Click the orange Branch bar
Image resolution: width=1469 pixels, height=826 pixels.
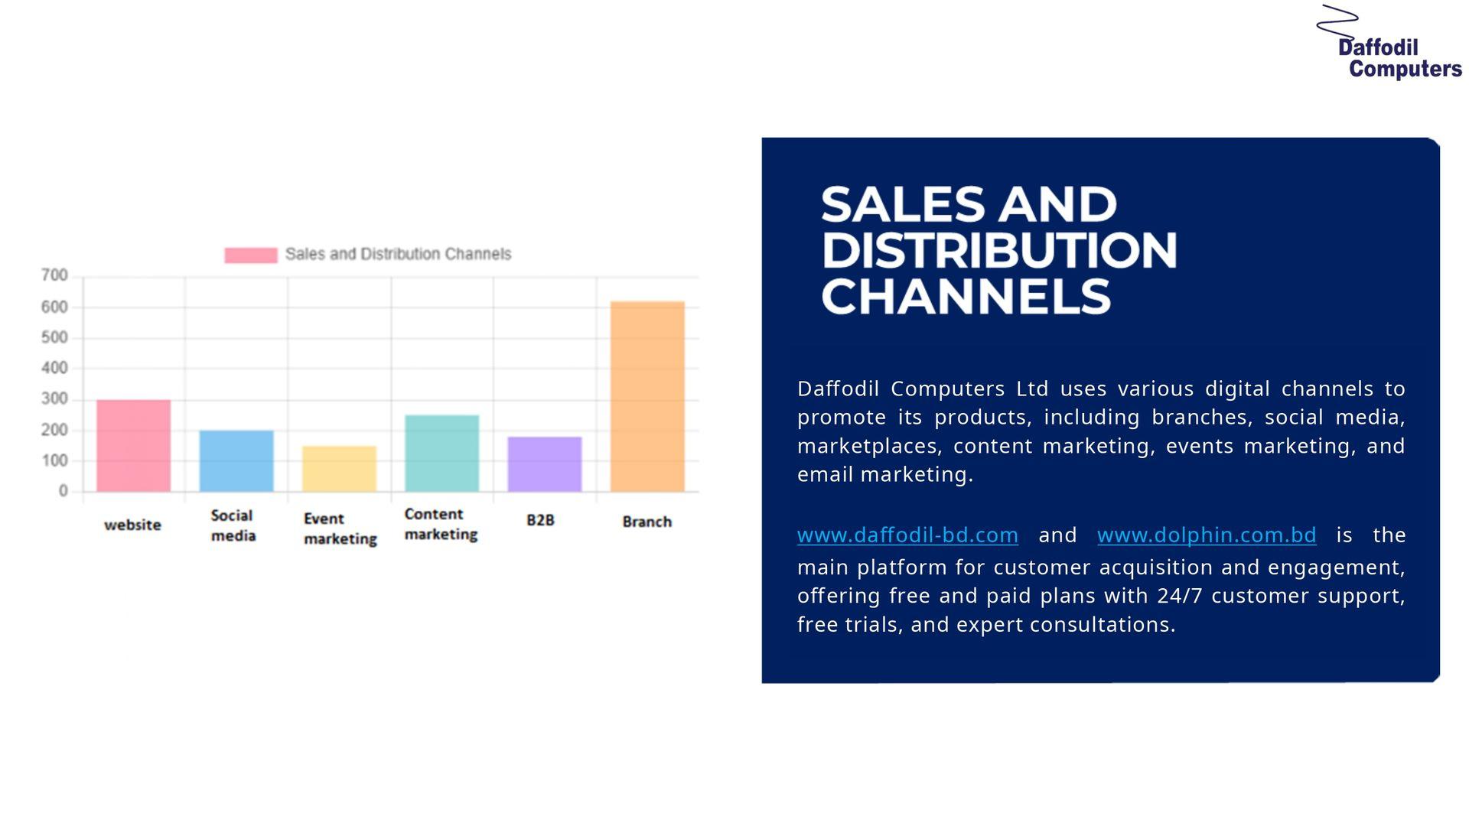647,396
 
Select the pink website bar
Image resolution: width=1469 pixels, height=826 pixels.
133,445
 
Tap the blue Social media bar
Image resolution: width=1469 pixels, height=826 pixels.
236,460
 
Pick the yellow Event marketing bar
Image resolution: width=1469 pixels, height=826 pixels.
339,468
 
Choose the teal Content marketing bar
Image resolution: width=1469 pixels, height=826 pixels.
441,453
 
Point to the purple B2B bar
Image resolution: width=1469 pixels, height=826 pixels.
545,463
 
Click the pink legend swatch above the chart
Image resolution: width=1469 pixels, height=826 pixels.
251,255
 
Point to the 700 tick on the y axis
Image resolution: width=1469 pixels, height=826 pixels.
54,275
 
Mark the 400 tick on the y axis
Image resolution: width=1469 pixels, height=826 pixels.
54,368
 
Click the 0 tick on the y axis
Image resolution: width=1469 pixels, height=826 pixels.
64,491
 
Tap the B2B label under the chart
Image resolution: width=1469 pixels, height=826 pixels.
540,520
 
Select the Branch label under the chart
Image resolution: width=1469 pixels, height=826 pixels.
647,522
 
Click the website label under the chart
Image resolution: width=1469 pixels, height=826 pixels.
133,525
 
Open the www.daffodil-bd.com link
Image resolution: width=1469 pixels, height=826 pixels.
907,535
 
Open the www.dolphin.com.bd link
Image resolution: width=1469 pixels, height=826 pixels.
1207,535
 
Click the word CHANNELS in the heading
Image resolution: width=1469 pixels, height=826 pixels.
966,297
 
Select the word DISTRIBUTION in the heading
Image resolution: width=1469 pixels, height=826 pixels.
998,250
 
